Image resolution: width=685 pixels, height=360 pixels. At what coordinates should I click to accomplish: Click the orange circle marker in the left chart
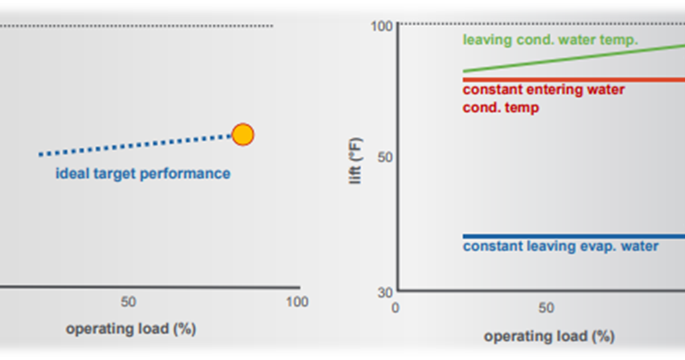tap(243, 135)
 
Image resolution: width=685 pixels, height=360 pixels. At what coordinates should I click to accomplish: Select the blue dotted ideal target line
tap(133, 145)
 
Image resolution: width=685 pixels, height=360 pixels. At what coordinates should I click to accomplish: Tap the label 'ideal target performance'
tap(143, 174)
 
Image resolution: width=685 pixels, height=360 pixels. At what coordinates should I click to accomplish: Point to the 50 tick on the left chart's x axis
tap(129, 302)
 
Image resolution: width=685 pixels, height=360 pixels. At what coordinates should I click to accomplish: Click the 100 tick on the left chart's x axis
tap(297, 302)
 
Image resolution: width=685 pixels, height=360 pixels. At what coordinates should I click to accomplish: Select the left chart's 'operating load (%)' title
tap(131, 329)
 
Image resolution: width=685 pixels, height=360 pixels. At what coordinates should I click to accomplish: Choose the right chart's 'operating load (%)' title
tap(549, 336)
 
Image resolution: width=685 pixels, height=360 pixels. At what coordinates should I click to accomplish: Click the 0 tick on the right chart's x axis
tap(396, 308)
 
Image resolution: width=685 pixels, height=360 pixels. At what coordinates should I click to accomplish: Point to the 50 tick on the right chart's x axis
tap(546, 308)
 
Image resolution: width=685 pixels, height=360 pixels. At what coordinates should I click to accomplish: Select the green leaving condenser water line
tap(571, 58)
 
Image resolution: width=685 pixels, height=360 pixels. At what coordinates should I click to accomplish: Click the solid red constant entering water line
tap(571, 80)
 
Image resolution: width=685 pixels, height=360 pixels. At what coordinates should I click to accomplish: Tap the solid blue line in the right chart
tap(571, 236)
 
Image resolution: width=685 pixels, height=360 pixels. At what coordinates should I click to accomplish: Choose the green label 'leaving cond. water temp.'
tap(550, 40)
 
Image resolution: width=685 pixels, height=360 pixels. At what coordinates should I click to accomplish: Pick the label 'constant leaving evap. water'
tap(560, 246)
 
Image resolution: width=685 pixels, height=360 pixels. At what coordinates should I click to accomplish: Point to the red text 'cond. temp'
tap(500, 108)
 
